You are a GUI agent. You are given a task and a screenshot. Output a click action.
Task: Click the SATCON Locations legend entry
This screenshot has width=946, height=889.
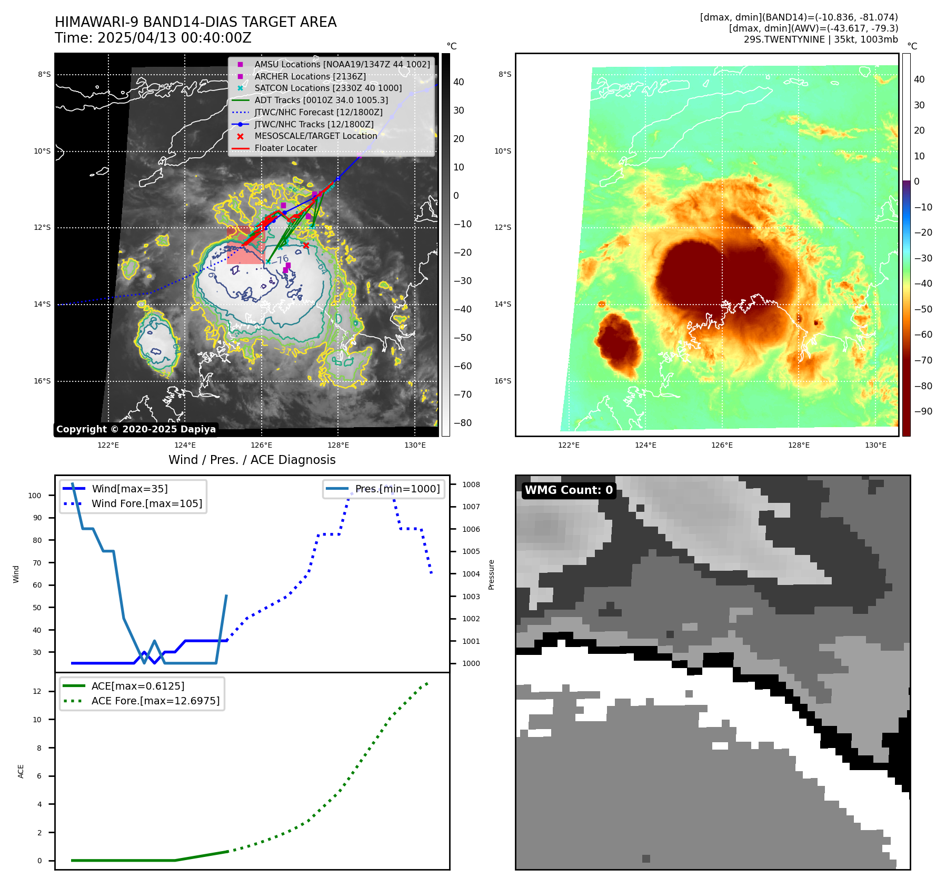[328, 88]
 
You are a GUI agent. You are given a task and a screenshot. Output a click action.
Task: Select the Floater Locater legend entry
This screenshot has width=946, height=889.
[286, 148]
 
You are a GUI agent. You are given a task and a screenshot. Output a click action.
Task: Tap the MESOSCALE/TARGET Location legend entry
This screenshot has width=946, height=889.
[316, 136]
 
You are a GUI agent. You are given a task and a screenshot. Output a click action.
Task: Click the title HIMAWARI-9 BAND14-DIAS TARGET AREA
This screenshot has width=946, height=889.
[195, 22]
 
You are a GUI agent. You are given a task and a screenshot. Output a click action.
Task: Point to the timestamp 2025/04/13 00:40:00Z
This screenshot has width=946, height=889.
[174, 38]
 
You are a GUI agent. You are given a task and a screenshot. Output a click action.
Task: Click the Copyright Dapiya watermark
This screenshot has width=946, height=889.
[136, 429]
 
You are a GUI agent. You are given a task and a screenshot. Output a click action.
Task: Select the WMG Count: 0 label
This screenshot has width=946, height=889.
[569, 490]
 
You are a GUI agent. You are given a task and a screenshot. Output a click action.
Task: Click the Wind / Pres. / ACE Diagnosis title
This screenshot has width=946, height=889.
[252, 460]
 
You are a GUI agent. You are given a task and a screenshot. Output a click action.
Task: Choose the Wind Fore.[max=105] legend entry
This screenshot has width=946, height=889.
[146, 504]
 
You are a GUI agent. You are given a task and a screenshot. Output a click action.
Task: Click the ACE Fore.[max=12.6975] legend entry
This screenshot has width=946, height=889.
[155, 701]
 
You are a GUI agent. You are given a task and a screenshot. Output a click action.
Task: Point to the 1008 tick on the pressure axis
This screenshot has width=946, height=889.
[471, 485]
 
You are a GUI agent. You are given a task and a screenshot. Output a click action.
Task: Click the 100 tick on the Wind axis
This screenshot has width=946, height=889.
[35, 496]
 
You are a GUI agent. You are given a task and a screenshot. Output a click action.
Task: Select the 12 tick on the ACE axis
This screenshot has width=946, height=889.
[37, 692]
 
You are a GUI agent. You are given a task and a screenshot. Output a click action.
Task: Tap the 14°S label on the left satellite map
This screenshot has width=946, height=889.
[43, 305]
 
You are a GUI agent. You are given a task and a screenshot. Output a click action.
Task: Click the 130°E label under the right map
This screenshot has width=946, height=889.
[875, 446]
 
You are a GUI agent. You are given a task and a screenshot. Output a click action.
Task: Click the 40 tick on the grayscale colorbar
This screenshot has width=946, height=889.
[459, 82]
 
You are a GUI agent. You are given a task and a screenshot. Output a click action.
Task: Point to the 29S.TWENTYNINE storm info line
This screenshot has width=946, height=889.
[820, 39]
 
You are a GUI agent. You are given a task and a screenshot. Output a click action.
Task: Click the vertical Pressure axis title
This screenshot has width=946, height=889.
[491, 574]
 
